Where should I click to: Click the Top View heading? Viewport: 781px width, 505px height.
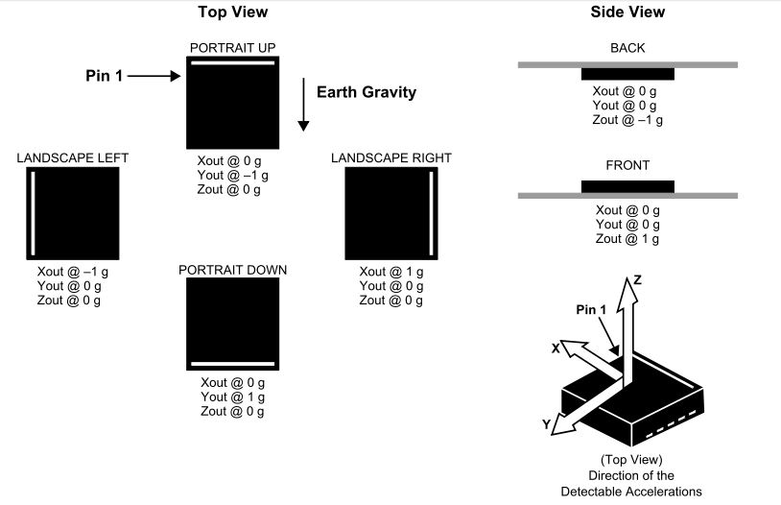(232, 12)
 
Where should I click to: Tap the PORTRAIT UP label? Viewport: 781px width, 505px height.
(233, 47)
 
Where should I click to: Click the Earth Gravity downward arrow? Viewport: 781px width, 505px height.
(303, 105)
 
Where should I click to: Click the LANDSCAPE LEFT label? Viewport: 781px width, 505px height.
(73, 158)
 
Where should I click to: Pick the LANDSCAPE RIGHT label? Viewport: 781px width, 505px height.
(391, 158)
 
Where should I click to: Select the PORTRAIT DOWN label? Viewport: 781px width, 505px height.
(232, 270)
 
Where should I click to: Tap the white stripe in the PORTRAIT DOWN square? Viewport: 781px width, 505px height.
(232, 364)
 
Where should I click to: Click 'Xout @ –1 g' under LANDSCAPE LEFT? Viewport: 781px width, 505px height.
(72, 272)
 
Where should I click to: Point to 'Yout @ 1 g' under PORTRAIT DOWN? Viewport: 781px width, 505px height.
(232, 397)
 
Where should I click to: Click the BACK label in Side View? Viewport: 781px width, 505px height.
(627, 47)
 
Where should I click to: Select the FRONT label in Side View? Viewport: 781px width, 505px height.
(627, 165)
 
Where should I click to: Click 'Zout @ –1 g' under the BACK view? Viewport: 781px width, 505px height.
(627, 120)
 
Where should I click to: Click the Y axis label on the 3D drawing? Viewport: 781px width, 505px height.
(547, 423)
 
